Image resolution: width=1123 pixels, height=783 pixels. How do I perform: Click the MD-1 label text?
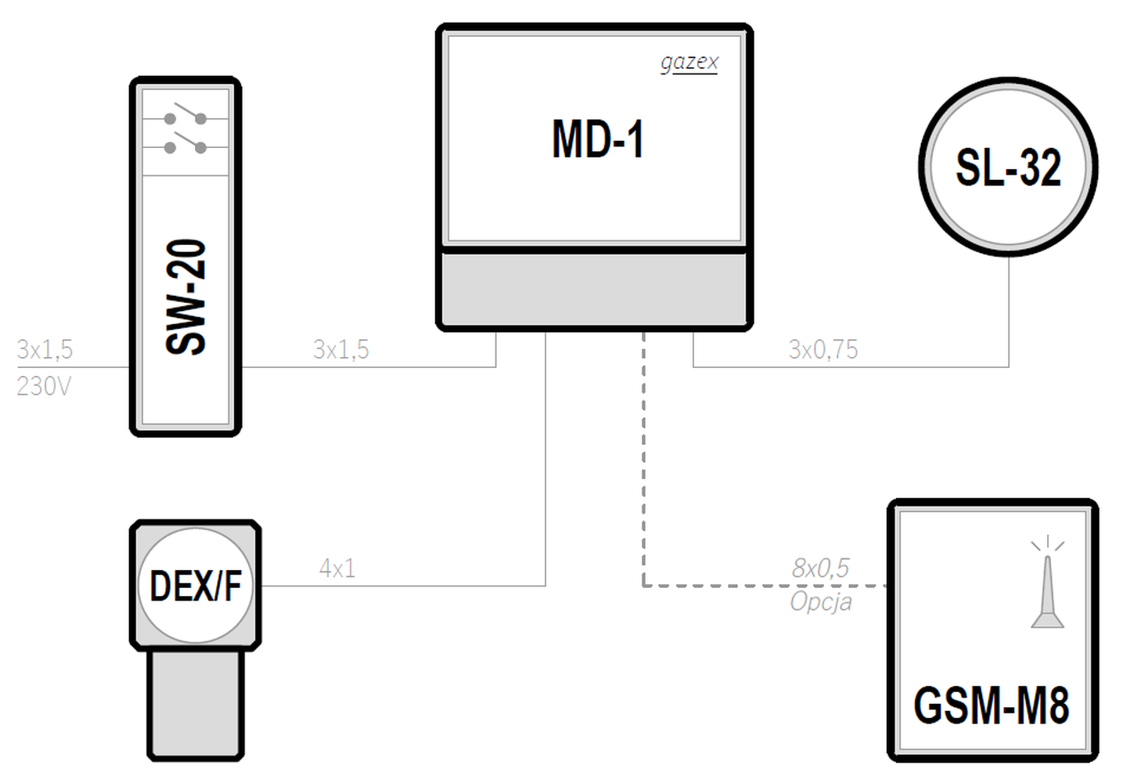[597, 139]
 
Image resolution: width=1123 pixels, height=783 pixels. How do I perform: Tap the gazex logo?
[689, 63]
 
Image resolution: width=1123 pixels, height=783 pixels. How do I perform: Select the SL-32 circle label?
[1008, 168]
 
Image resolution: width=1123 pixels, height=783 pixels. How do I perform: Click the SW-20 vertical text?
[185, 297]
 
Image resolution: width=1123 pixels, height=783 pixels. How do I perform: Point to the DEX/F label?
[196, 586]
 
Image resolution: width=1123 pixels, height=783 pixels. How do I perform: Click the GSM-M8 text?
[992, 705]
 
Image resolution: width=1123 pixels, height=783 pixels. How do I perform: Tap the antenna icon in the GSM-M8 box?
[1047, 582]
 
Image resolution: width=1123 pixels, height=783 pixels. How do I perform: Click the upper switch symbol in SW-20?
[185, 114]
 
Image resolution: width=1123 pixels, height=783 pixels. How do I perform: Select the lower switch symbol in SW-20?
[185, 143]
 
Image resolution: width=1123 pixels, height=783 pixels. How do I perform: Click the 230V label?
[44, 386]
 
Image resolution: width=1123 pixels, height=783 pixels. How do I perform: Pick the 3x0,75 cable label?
[823, 349]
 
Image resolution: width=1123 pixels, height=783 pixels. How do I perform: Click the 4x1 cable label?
[337, 568]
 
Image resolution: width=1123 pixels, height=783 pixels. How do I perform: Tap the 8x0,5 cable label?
[820, 568]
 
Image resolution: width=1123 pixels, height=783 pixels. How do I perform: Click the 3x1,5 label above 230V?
[45, 349]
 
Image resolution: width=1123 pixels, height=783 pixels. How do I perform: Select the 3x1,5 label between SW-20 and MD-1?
[341, 349]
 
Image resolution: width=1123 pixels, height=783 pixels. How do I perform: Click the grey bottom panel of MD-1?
[594, 289]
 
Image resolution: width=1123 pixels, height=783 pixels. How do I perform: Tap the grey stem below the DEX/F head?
[196, 704]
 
